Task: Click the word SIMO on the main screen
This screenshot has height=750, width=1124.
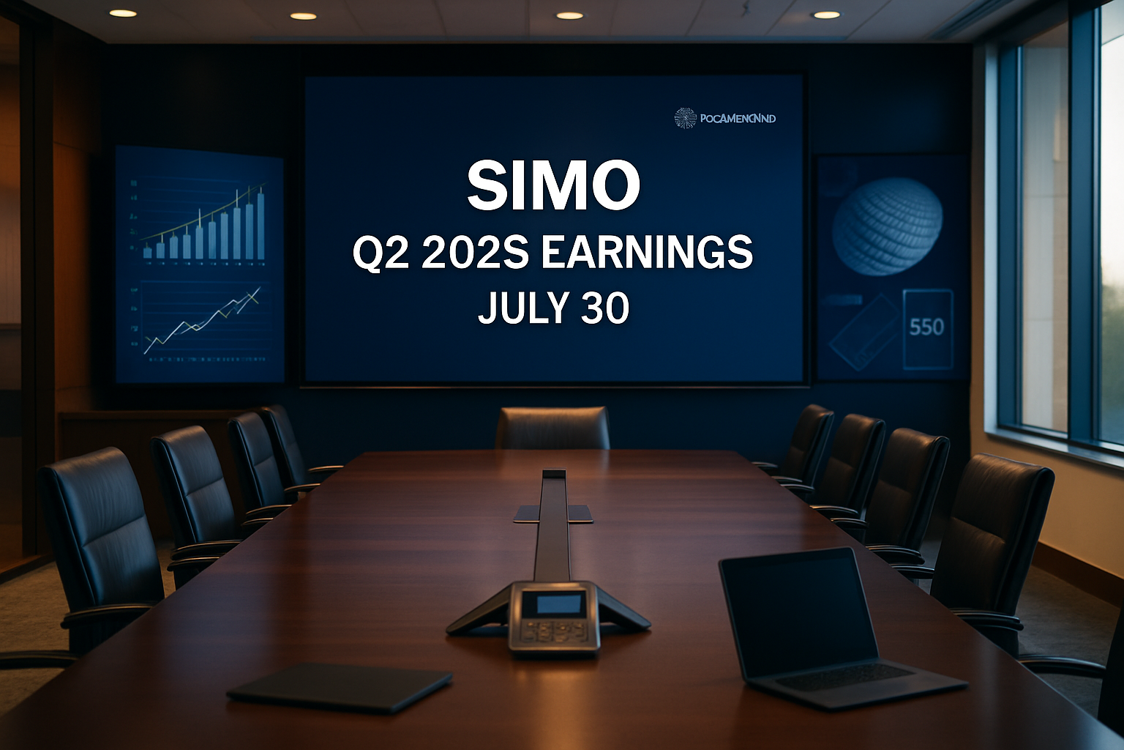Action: (x=553, y=185)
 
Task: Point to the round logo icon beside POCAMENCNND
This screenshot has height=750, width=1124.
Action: (x=685, y=118)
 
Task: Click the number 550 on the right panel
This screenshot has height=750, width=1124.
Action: (x=926, y=327)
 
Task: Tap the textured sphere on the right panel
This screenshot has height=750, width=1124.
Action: (x=887, y=226)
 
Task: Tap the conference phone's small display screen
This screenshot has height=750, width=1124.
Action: (x=554, y=604)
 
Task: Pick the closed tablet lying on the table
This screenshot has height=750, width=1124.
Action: (x=340, y=687)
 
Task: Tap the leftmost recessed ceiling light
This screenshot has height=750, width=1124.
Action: (x=123, y=13)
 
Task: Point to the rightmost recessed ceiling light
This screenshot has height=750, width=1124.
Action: (x=826, y=15)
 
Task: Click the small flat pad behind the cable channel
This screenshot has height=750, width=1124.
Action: (x=553, y=513)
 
